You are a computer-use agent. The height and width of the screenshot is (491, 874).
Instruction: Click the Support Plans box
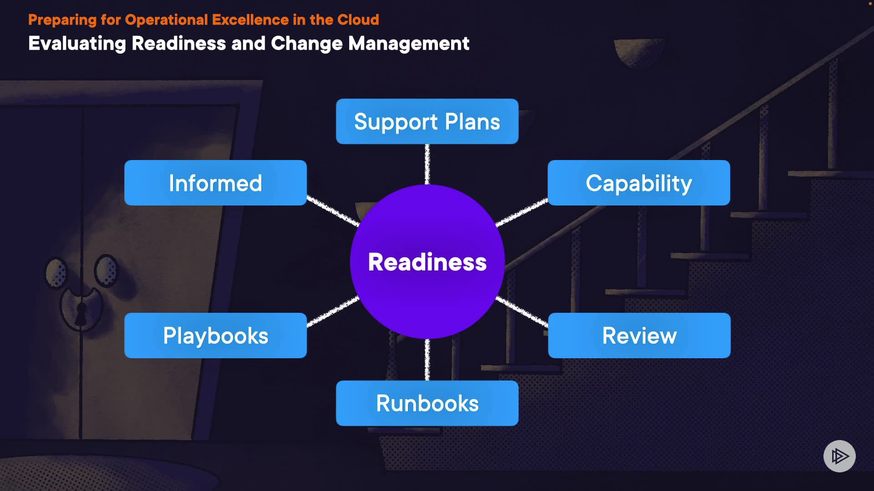coord(427,121)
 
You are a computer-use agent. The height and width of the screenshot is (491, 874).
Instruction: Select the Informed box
coord(215,183)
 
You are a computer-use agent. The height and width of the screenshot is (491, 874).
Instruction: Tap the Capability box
coord(639,183)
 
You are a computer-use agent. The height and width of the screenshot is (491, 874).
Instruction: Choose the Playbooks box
coord(215,336)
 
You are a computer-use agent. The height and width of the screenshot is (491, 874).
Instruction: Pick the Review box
coord(639,336)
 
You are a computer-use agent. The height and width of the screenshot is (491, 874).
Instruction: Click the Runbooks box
coord(427,403)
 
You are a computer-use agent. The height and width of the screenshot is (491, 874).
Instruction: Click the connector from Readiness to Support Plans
coord(427,164)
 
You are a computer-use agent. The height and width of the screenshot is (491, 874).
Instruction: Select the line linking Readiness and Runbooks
coord(427,360)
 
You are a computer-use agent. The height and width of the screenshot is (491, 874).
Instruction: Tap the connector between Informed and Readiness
coord(333,211)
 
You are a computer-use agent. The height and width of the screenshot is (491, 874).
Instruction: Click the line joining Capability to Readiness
coord(522,212)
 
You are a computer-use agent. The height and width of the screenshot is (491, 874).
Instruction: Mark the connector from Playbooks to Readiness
coord(333,311)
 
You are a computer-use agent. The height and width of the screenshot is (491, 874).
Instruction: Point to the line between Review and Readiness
coord(522,311)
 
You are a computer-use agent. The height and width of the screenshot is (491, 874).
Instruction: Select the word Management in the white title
coord(408,44)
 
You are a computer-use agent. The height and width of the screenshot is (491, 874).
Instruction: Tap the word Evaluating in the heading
coord(77,44)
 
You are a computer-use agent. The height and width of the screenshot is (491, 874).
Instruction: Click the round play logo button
coord(839,456)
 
